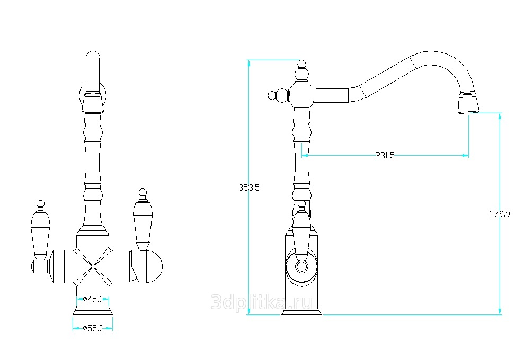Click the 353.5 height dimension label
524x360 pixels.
248,188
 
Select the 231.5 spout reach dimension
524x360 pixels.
385,155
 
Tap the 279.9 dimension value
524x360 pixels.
500,214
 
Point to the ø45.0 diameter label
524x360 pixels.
93,299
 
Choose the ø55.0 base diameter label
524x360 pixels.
93,328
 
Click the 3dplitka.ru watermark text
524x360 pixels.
262,302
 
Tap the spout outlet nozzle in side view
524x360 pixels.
468,103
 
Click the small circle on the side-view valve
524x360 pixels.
301,266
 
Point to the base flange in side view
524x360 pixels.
301,312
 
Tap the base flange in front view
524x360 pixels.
93,312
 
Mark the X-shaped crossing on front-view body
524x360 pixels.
93,266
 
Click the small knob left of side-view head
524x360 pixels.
272,95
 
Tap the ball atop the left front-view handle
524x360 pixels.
40,204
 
